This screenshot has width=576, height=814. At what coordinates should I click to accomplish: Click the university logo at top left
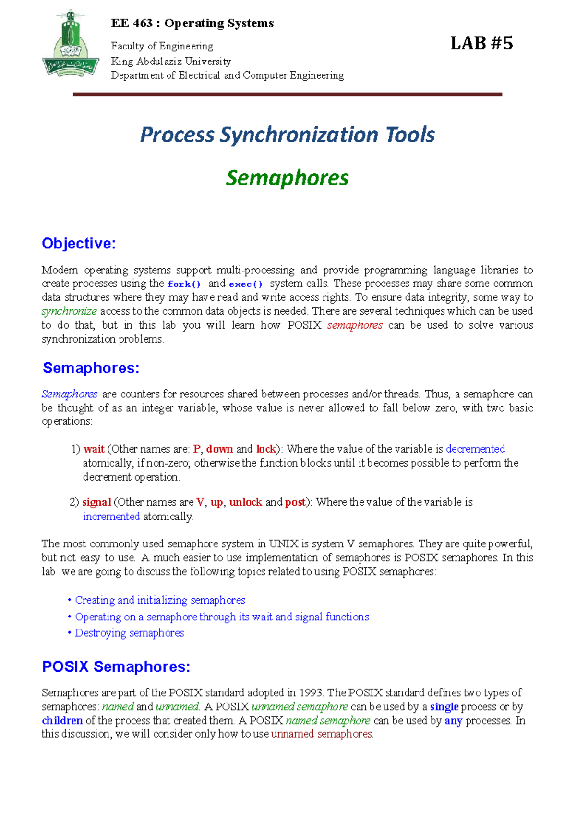(x=71, y=45)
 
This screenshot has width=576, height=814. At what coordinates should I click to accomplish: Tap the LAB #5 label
(x=481, y=44)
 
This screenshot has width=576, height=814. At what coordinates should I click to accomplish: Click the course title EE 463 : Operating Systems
(x=192, y=23)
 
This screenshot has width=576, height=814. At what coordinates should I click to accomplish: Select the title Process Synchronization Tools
(x=287, y=135)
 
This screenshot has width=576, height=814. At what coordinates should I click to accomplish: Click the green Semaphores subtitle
(x=287, y=178)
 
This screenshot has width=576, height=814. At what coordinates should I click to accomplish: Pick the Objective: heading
(x=79, y=244)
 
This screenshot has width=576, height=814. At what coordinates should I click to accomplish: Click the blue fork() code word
(x=184, y=284)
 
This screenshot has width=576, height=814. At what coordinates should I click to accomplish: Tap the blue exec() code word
(x=246, y=284)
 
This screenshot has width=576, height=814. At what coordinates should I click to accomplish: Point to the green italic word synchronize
(x=70, y=311)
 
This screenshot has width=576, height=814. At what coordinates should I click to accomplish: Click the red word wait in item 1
(x=94, y=449)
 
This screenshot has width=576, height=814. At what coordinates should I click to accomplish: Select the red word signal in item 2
(x=97, y=502)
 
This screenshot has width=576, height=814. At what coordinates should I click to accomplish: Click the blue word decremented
(x=475, y=449)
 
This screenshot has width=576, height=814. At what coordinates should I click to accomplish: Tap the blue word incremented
(x=111, y=517)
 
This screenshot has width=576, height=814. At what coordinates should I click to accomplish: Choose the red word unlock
(x=245, y=502)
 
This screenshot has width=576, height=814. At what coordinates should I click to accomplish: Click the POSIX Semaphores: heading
(x=116, y=667)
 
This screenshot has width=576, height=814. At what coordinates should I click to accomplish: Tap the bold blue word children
(x=62, y=721)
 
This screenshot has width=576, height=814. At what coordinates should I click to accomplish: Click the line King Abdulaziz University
(x=171, y=61)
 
